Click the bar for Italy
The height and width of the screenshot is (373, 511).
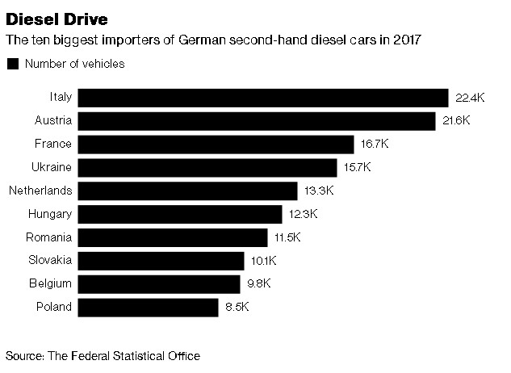(264, 98)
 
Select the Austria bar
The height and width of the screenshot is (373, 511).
(258, 121)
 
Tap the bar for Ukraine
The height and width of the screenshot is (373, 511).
(208, 168)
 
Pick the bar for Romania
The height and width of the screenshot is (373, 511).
(174, 237)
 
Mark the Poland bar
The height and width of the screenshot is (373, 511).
(149, 308)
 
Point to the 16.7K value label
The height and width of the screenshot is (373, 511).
(374, 145)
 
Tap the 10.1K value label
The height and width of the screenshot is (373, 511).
(263, 261)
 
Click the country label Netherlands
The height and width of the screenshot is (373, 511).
(40, 191)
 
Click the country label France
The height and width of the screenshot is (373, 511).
(53, 144)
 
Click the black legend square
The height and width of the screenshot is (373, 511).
(12, 64)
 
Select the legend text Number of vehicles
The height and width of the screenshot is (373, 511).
(75, 64)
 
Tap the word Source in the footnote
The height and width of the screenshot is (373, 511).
(24, 355)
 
